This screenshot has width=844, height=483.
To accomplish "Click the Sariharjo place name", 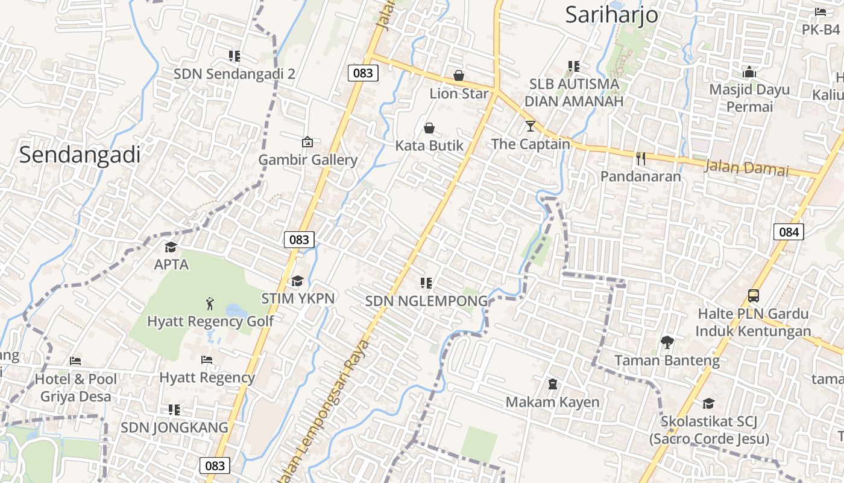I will (611, 14).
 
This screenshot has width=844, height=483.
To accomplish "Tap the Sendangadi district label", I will (80, 155).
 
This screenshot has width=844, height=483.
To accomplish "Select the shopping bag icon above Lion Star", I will (459, 75).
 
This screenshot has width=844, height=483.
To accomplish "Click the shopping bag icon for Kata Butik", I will (429, 128).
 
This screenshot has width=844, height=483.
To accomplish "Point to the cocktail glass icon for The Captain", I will (530, 126).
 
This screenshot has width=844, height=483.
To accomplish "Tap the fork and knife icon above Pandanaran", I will (640, 159).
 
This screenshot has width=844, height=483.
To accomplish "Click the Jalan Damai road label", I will (746, 167).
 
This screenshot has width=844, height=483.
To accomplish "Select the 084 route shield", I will (789, 232).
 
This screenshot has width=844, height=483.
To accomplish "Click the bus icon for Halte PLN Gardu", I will (753, 296).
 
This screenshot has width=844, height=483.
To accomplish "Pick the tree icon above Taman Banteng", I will (667, 342).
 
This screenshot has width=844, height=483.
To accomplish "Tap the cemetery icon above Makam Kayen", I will (552, 384).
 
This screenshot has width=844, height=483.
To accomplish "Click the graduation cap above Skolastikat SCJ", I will (708, 403).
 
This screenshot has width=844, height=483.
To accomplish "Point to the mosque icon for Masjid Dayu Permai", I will (749, 72).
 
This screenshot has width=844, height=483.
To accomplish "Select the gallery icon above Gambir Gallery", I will (307, 142).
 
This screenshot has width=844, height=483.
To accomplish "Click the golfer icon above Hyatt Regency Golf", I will (210, 303).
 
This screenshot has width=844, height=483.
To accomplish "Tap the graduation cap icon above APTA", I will (171, 247).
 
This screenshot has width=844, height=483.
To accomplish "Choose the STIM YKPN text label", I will (298, 298).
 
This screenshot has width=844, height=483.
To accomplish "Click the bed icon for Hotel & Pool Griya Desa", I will (75, 361).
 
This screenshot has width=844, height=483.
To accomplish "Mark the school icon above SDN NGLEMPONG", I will (426, 283).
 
